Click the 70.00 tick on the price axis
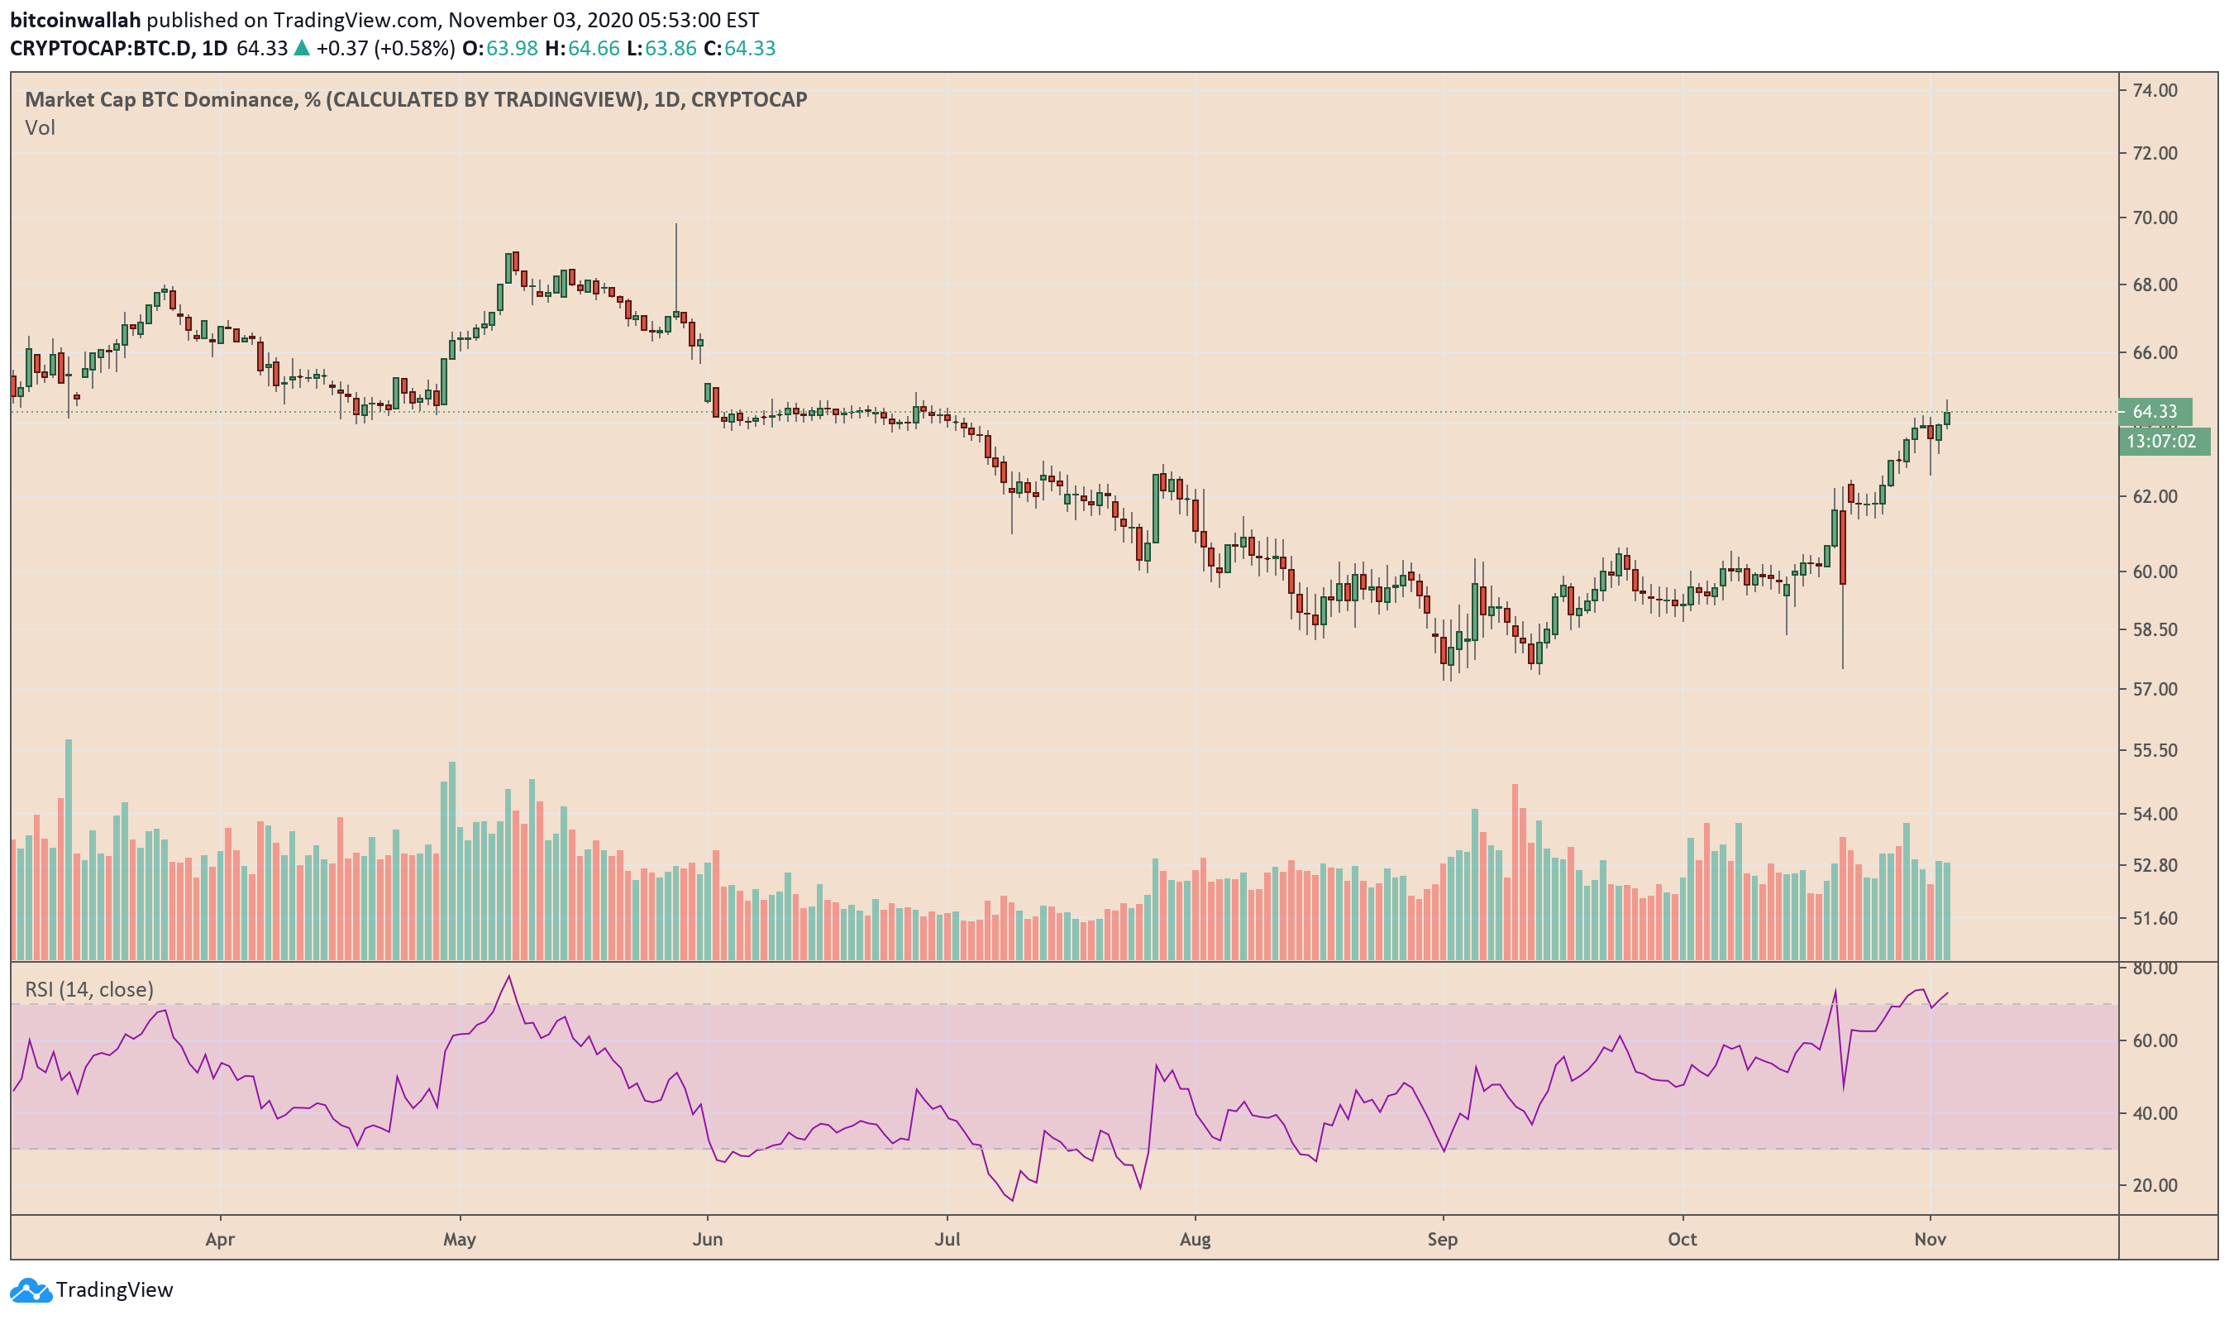(x=2155, y=218)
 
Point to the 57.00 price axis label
(x=2155, y=689)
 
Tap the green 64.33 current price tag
(x=2155, y=412)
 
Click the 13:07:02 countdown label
(x=2161, y=441)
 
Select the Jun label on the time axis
(x=707, y=1239)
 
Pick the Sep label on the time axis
(x=1442, y=1239)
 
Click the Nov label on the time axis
(x=1931, y=1239)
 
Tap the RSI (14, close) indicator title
(x=89, y=989)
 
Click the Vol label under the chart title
(x=40, y=128)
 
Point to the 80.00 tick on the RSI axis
(x=2155, y=968)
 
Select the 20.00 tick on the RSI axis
(x=2155, y=1186)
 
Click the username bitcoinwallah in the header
(x=75, y=20)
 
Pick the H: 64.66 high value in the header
(x=582, y=48)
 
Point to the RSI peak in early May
(x=509, y=977)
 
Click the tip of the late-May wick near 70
(x=675, y=224)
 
